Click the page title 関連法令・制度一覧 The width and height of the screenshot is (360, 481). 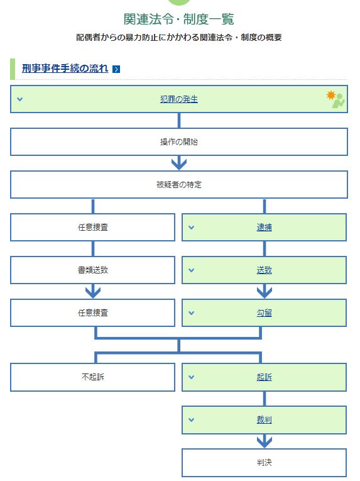[x=179, y=19]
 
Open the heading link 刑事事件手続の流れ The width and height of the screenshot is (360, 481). [x=65, y=68]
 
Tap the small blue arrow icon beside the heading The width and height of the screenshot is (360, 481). [x=116, y=69]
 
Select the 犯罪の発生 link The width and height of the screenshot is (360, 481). [x=179, y=99]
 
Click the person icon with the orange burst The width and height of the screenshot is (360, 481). [x=335, y=99]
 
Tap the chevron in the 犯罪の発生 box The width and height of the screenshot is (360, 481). [x=20, y=99]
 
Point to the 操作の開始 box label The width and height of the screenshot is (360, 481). [x=179, y=141]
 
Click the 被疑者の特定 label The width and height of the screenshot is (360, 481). [x=179, y=184]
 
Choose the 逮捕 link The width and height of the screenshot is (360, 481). [x=264, y=228]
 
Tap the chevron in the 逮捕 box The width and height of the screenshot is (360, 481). [x=192, y=228]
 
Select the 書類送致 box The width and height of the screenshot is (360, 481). [x=92, y=270]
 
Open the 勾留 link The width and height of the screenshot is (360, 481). [x=264, y=313]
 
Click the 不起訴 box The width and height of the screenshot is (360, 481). [x=92, y=377]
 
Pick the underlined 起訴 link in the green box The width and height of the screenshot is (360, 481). [x=264, y=377]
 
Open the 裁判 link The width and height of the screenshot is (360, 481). [x=264, y=419]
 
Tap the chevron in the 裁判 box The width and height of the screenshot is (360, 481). [x=192, y=419]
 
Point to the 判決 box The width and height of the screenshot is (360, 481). [x=264, y=463]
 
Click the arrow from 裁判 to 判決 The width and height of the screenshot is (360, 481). [x=265, y=441]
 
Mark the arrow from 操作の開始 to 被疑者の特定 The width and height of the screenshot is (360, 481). [x=179, y=163]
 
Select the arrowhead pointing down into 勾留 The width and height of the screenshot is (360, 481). [x=265, y=292]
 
